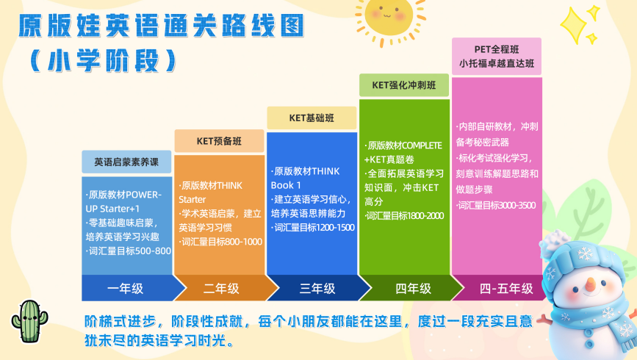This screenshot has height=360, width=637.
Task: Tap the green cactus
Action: tap(29, 322)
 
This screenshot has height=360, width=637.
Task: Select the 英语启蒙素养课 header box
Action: tap(126, 162)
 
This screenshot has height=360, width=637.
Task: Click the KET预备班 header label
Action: tap(219, 141)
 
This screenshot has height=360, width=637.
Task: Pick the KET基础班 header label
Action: tap(312, 118)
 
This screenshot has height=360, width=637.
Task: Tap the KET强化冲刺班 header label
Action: tap(404, 85)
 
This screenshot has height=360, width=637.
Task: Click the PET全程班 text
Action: tap(497, 49)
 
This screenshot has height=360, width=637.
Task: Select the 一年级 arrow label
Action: tap(125, 289)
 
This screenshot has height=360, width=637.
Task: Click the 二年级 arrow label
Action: tap(221, 289)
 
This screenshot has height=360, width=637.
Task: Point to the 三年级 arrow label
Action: tap(317, 289)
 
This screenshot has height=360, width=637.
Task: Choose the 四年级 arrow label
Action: tap(413, 289)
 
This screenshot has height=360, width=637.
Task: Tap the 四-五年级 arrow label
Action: tap(506, 289)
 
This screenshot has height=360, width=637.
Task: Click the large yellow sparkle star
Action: tap(574, 25)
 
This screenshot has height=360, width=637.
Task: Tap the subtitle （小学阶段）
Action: tap(103, 61)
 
